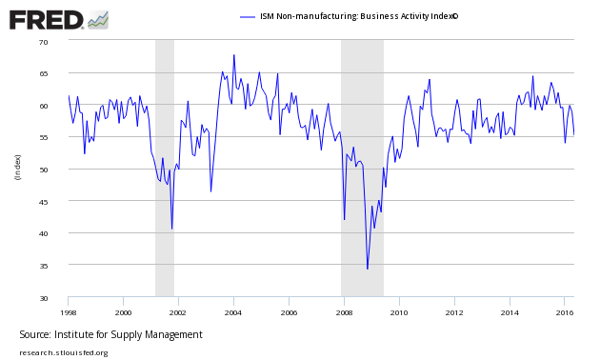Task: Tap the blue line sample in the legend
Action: pos(248,17)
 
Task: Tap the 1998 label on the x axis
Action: pos(68,311)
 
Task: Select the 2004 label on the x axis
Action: pos(233,311)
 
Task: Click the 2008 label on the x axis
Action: pos(344,311)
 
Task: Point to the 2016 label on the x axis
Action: pos(565,311)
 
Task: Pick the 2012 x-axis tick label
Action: pos(454,311)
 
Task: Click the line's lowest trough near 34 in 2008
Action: pos(368,269)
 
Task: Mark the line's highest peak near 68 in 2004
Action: pos(233,55)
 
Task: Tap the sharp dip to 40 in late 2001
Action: pos(172,229)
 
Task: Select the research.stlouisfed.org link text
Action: pos(64,352)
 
